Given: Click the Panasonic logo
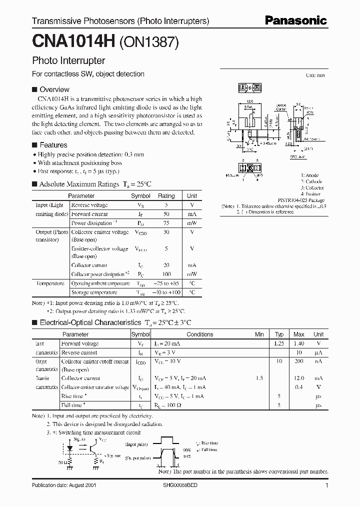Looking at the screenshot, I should pos(296,20).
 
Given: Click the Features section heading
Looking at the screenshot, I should pos(53,145).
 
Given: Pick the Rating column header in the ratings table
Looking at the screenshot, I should pos(166,196).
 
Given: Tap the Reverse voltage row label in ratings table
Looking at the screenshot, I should pos(89,205).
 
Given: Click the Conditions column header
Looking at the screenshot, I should pos(199,334).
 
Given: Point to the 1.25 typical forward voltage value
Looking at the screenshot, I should pos(279,343).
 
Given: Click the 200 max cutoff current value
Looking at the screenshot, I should pos(298,361).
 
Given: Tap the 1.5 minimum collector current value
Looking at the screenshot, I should pos(259,378).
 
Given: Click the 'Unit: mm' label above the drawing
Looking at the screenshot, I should pos(315,75).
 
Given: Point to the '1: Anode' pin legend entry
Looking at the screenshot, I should pos(309,175).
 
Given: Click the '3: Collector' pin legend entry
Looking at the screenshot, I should pos(312,187).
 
